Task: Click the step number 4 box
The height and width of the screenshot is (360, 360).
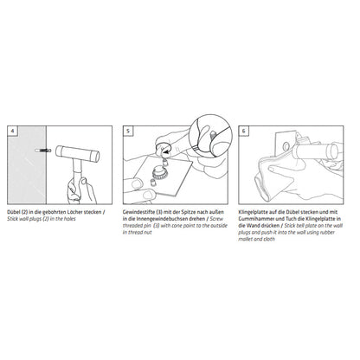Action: tap(12, 131)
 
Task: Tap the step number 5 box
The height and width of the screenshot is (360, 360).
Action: tap(128, 131)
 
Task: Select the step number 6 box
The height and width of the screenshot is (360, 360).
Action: tap(244, 131)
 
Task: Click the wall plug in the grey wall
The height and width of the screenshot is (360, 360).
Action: tap(42, 151)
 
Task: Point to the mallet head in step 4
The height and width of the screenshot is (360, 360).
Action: tap(78, 153)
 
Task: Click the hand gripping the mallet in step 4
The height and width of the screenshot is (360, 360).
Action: tap(81, 190)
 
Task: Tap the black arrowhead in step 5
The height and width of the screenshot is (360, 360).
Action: tap(164, 151)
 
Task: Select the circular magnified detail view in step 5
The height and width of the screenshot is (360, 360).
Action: tap(211, 133)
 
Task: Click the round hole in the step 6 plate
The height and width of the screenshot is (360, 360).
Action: tap(286, 146)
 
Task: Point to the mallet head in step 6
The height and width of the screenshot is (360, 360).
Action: tap(315, 151)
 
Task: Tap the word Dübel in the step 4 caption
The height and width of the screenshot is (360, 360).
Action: tap(14, 212)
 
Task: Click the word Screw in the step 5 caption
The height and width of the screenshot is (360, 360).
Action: tap(216, 219)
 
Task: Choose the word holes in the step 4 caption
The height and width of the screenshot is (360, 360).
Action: tap(70, 219)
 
